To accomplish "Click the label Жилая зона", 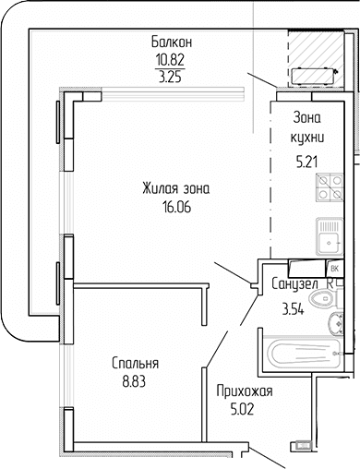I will pos(175,189).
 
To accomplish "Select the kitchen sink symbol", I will pos(329,237).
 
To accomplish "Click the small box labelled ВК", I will pos(334,268).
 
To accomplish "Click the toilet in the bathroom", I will pos(324,298).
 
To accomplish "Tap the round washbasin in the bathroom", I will pos(338,323).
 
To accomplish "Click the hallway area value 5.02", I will pos(243,408).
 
